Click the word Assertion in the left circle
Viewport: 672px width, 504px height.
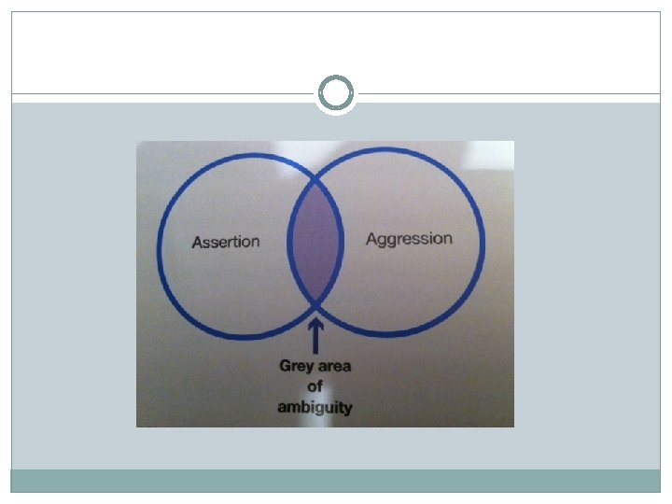click(225, 242)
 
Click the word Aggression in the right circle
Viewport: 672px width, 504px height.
click(409, 239)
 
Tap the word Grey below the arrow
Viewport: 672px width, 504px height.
click(296, 366)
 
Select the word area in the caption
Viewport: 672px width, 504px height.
click(334, 366)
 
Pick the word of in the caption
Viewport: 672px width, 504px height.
click(315, 386)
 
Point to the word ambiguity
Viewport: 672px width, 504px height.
click(315, 407)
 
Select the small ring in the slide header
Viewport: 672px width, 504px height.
click(336, 93)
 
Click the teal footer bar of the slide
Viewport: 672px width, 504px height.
click(336, 481)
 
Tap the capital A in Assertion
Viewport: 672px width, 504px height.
click(197, 243)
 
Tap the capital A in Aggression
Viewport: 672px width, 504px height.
click(371, 239)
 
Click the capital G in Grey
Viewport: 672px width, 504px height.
click(285, 366)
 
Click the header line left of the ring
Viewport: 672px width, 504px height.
click(159, 93)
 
